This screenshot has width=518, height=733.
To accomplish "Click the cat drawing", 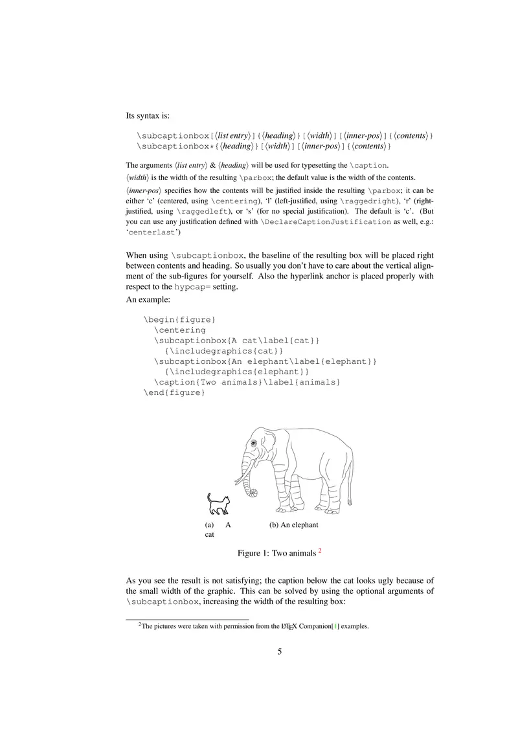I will point(218,504).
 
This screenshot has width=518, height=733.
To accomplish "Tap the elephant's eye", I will point(254,443).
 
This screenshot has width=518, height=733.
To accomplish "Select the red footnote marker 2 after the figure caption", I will point(320,551).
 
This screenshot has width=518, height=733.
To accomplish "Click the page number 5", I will point(280,651).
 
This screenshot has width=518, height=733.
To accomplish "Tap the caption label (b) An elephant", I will point(293,525).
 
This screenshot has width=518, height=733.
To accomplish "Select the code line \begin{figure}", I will point(179,319).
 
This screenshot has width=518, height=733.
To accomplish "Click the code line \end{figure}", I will point(174,393).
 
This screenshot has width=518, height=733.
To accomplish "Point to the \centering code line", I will point(179,330).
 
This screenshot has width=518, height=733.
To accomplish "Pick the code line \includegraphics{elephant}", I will point(237,372).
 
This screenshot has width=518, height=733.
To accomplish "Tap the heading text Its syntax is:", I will point(148,116).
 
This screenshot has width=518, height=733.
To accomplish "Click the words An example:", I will point(148,300).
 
